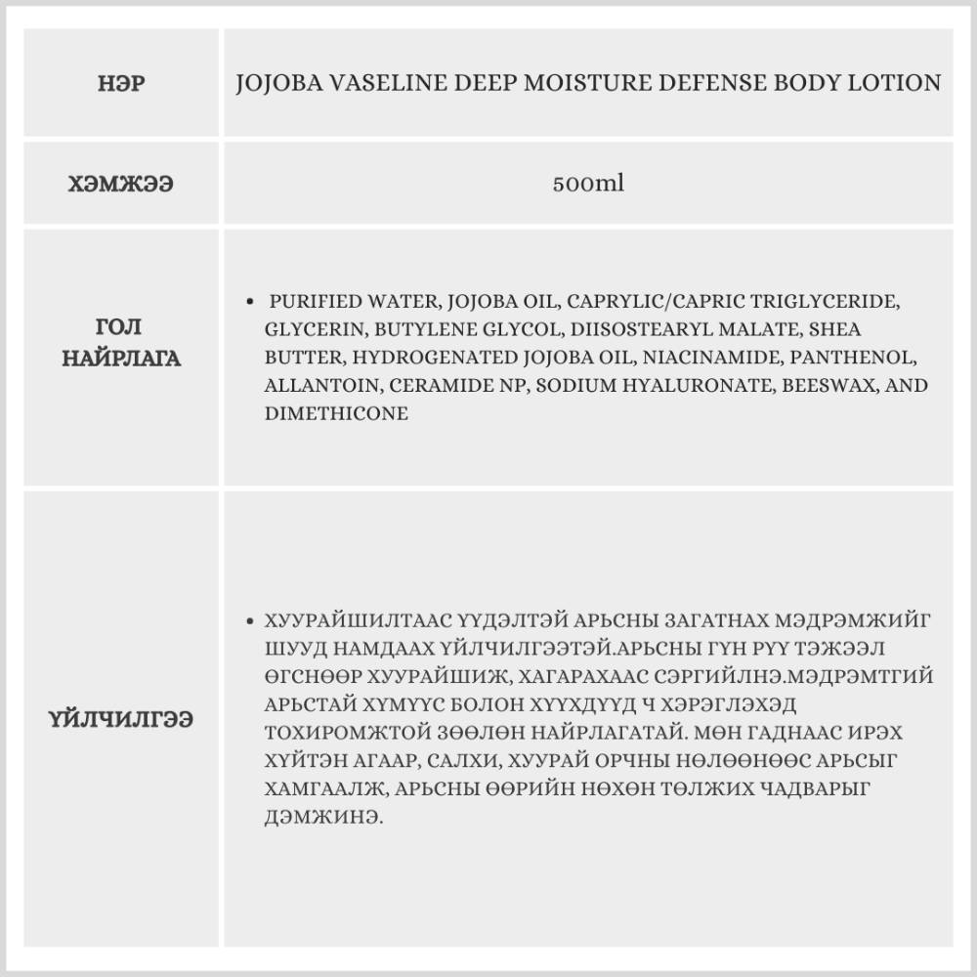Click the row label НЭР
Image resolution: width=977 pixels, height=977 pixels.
click(122, 83)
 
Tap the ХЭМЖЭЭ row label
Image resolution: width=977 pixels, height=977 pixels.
click(122, 183)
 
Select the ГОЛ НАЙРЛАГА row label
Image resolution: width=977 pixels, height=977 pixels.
click(122, 342)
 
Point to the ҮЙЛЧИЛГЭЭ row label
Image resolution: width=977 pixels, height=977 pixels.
click(122, 719)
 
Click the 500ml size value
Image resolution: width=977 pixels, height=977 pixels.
click(588, 183)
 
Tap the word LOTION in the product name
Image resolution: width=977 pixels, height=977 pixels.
click(896, 83)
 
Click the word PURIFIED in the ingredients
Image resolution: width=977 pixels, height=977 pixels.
click(313, 302)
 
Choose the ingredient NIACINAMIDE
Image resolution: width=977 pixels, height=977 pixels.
click(701, 358)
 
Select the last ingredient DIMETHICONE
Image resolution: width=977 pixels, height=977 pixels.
click(336, 414)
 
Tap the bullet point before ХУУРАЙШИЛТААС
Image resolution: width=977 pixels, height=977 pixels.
click(253, 620)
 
